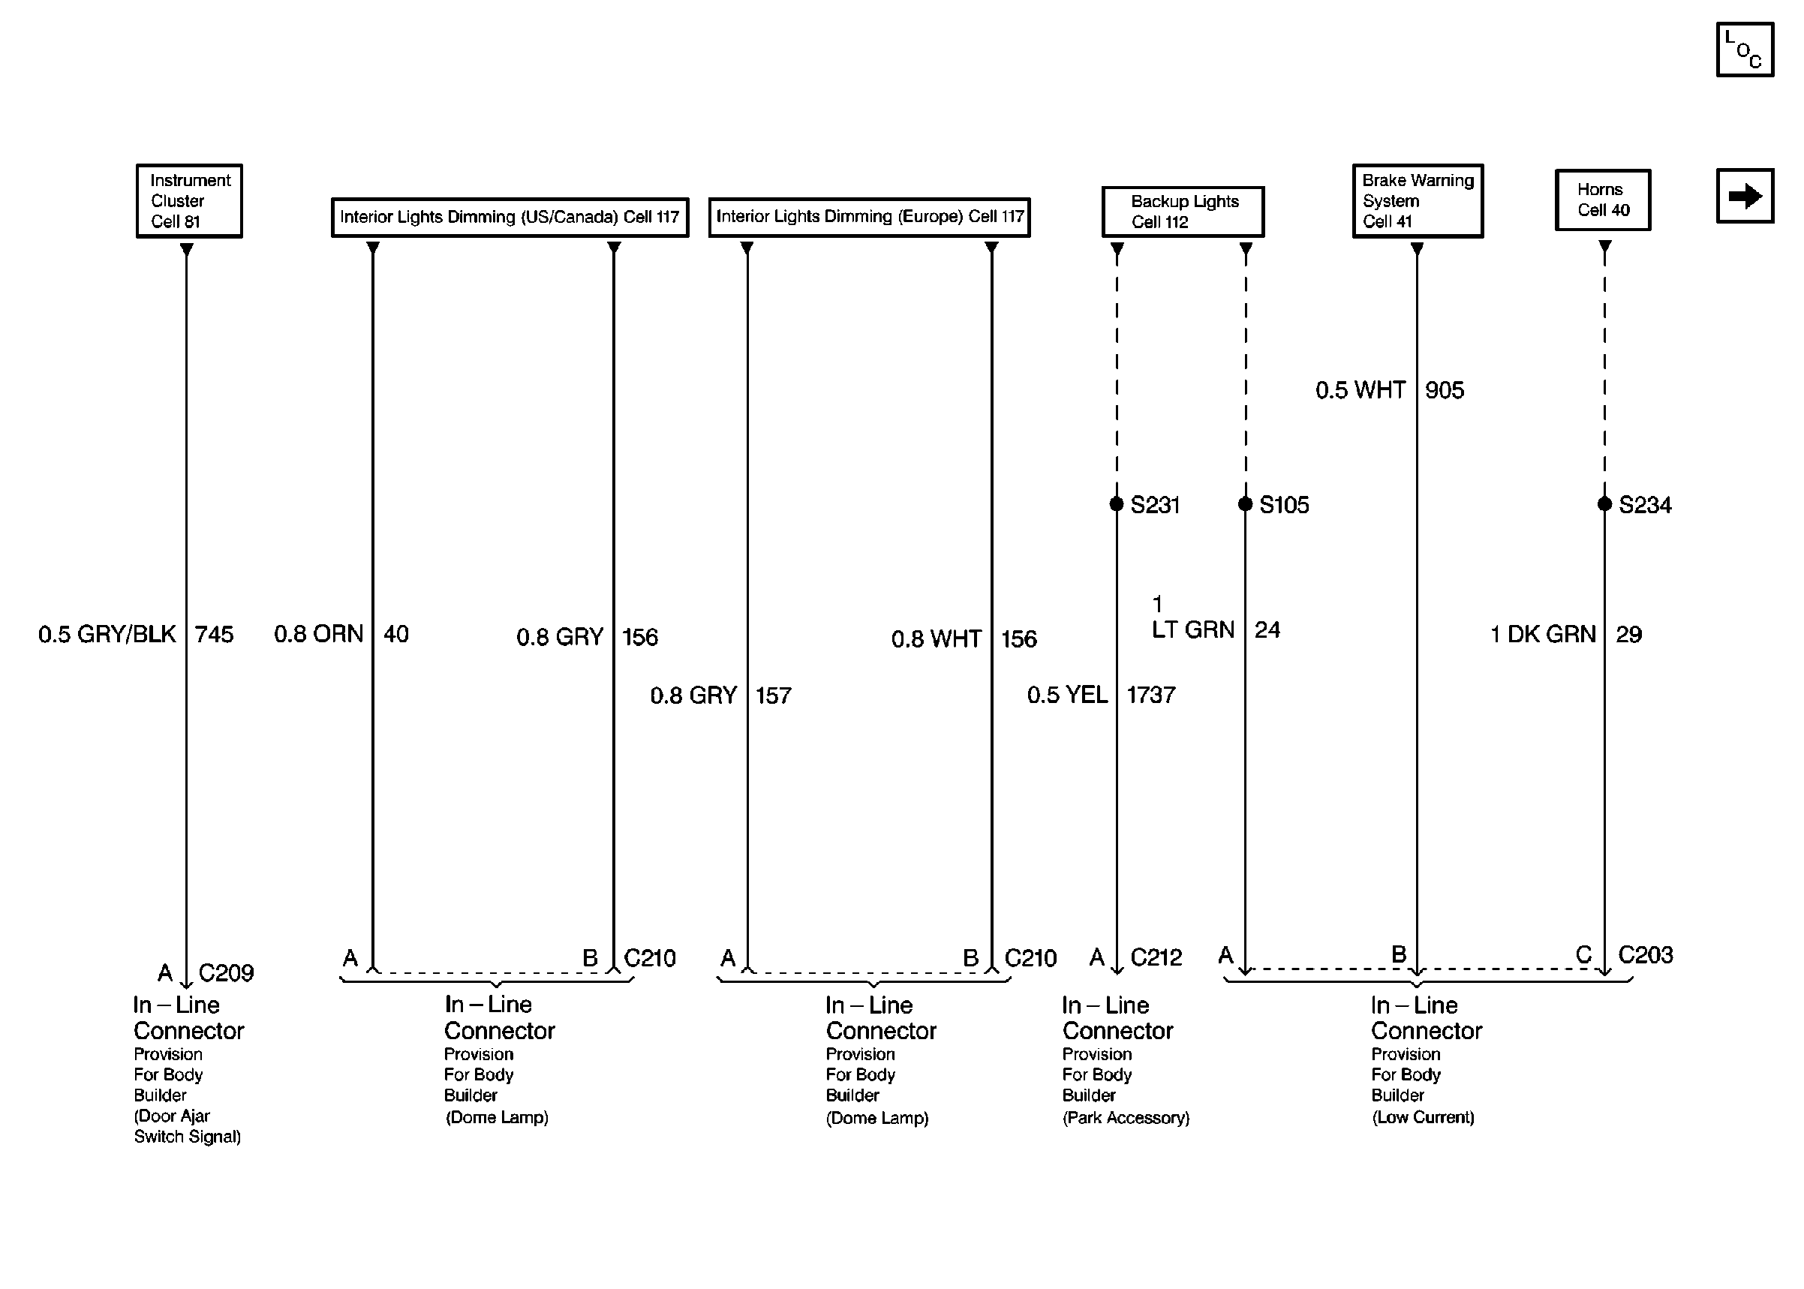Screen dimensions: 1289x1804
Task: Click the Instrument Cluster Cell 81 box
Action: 189,201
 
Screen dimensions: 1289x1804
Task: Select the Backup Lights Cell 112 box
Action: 1183,212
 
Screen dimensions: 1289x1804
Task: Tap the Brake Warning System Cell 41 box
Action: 1417,201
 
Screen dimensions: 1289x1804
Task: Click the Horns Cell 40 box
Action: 1601,200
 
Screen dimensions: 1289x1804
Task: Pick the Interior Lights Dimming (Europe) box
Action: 869,217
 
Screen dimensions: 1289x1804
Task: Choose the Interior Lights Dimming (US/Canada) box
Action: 510,217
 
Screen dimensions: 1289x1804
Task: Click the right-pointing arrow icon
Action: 1744,196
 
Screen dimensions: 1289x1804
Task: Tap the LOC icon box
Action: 1744,50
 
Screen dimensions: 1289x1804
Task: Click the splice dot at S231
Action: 1116,504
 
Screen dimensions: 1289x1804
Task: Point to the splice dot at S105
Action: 1244,504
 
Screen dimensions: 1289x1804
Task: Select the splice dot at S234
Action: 1604,504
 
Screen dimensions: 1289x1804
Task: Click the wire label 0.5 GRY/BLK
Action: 107,634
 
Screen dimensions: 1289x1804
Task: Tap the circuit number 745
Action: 215,634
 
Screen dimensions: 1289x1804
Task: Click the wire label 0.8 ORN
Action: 318,633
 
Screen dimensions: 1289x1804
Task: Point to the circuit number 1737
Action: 1151,696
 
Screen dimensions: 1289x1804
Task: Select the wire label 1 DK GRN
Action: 1542,634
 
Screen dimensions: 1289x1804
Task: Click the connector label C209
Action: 226,972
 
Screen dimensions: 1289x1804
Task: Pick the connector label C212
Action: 1156,957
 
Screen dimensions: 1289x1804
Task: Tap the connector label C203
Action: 1644,954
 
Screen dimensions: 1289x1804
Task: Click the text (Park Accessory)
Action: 1126,1117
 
